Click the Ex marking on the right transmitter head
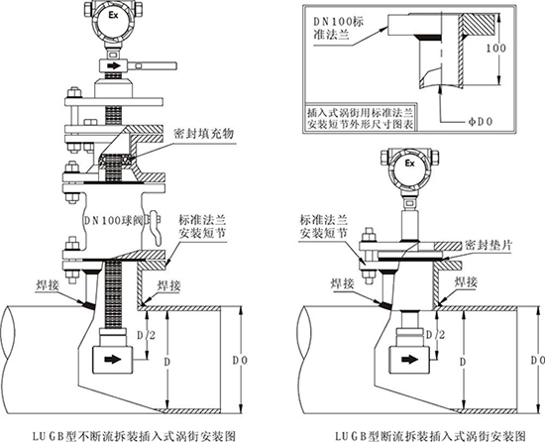(x=410, y=161)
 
